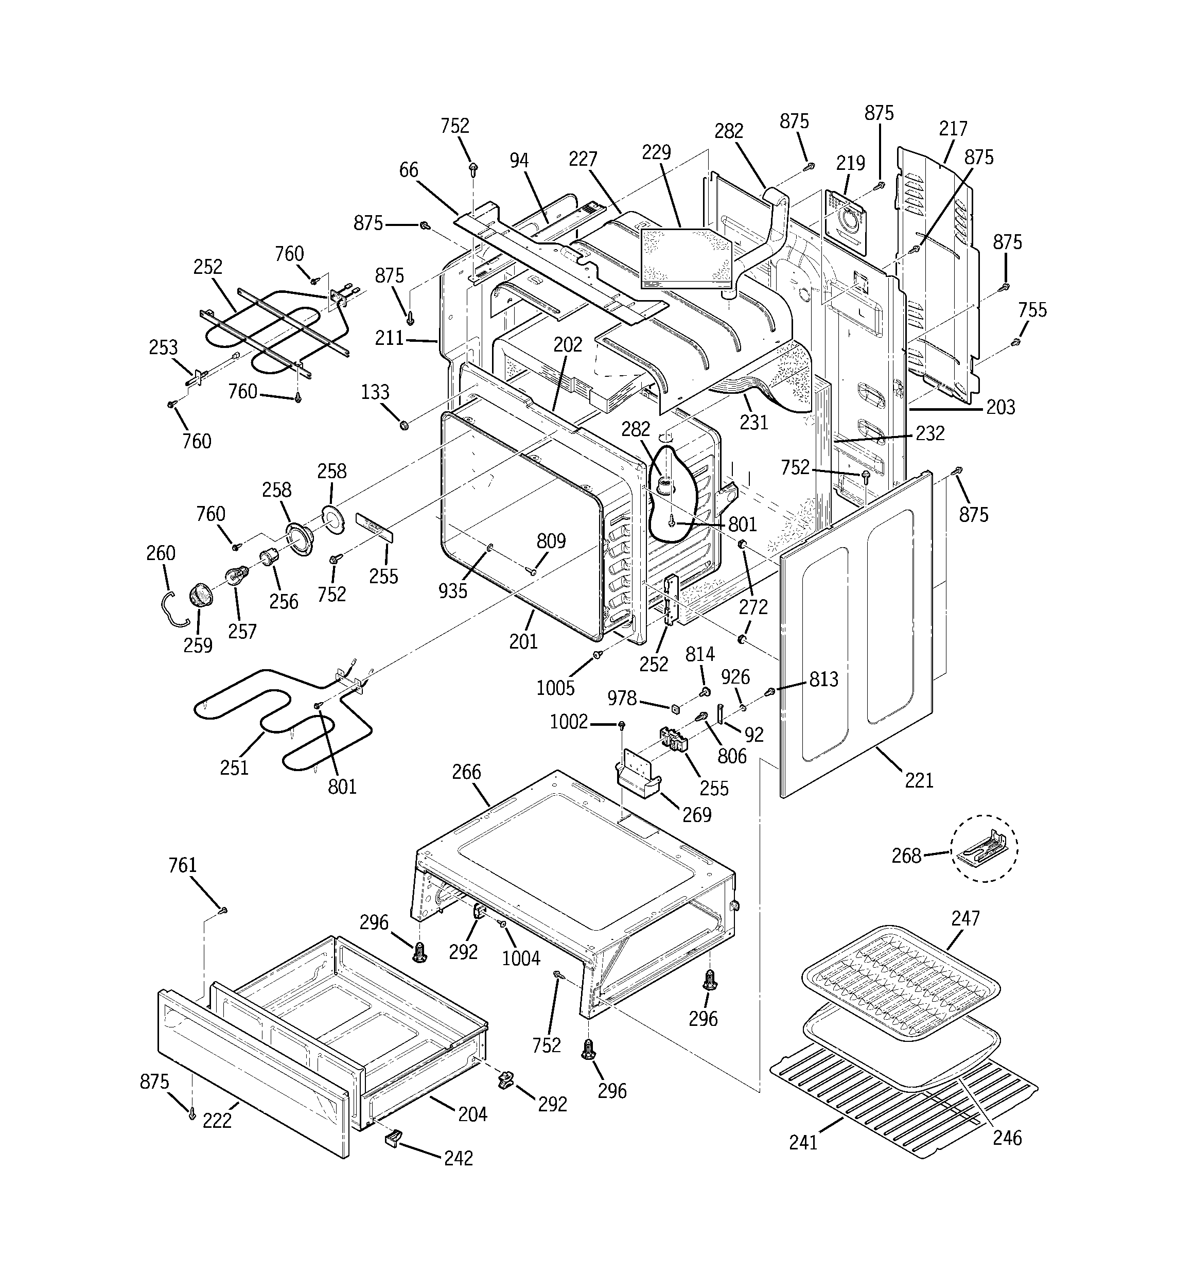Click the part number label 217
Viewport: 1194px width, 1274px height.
pos(953,128)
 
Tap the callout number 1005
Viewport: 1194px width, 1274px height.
pos(555,688)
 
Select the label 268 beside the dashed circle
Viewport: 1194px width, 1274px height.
pos(906,856)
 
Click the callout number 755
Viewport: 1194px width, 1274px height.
pos(1032,310)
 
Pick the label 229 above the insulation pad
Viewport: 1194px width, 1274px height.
pos(656,152)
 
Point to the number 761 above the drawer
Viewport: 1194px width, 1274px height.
pos(182,865)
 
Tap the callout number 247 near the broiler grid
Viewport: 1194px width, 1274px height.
pos(965,918)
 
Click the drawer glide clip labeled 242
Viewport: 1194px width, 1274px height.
pos(392,1138)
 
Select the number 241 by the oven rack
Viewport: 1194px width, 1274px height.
pos(803,1142)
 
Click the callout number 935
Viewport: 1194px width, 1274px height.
pos(452,591)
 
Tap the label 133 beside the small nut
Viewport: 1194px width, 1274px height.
pos(375,392)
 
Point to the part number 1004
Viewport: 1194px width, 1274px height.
pos(520,958)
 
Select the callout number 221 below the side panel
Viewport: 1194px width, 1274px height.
pos(919,780)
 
